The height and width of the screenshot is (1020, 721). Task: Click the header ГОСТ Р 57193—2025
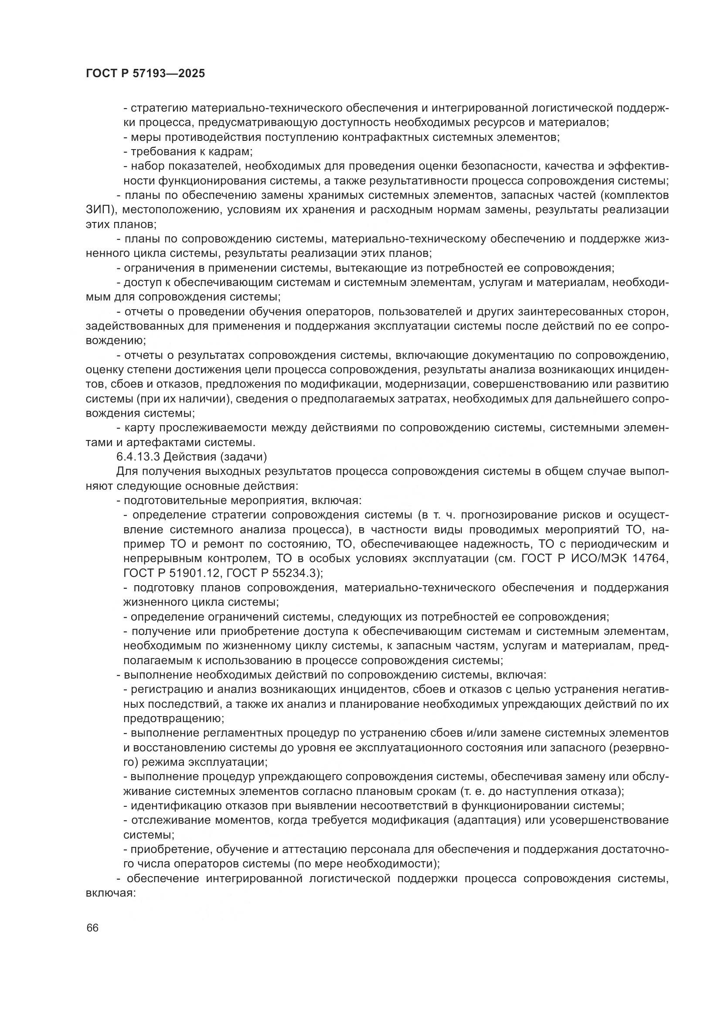coord(145,74)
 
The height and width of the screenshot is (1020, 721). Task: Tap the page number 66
coord(92,928)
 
